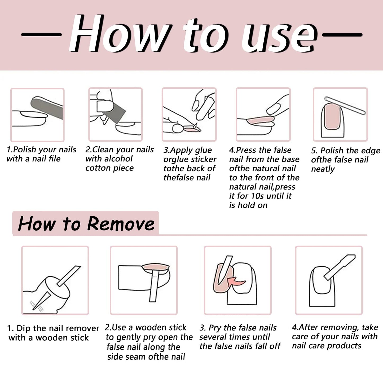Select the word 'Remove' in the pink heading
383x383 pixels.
click(x=121, y=224)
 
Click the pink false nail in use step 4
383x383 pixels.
click(x=260, y=120)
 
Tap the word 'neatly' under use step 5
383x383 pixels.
click(x=323, y=169)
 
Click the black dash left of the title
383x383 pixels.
click(x=41, y=35)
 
